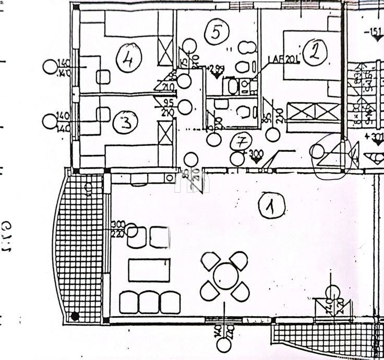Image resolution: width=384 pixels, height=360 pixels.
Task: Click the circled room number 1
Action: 272,207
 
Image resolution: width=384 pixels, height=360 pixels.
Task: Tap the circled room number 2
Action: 315,53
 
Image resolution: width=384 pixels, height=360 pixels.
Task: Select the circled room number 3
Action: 128,123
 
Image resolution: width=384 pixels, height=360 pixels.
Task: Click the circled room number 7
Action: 241,141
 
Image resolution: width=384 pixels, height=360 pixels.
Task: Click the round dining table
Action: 226,276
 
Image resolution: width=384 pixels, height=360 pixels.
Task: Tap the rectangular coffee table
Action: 149,270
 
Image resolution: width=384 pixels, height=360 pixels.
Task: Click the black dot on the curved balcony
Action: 75,316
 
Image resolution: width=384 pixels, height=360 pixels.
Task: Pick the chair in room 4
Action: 103,77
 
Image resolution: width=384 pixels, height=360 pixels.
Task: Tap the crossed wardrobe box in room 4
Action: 165,50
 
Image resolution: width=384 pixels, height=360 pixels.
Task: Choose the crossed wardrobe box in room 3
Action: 165,133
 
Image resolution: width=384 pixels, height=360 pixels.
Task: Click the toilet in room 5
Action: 241,67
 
